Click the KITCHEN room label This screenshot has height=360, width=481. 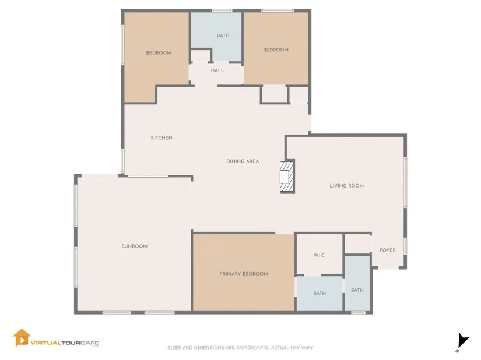pyautogui.click(x=161, y=138)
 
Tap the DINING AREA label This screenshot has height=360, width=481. pyautogui.click(x=243, y=161)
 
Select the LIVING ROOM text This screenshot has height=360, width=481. pyautogui.click(x=347, y=186)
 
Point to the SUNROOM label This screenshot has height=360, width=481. pyautogui.click(x=134, y=246)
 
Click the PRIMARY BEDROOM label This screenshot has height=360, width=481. pyautogui.click(x=244, y=274)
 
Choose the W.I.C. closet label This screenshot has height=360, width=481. pyautogui.click(x=320, y=255)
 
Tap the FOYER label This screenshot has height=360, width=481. pyautogui.click(x=388, y=250)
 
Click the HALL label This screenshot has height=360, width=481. pyautogui.click(x=217, y=70)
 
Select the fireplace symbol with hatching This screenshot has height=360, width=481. pyautogui.click(x=287, y=177)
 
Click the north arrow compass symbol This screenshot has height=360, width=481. pyautogui.click(x=462, y=341)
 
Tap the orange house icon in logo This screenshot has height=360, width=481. pyautogui.click(x=22, y=338)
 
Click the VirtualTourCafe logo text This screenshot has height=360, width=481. pyautogui.click(x=65, y=343)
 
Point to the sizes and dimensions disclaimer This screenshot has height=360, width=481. pyautogui.click(x=240, y=347)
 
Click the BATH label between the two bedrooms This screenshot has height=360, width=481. pyautogui.click(x=223, y=36)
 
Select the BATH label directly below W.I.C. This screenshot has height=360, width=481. pyautogui.click(x=320, y=294)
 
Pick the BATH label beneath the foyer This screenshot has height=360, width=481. pyautogui.click(x=357, y=290)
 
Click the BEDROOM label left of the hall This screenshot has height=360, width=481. pyautogui.click(x=159, y=53)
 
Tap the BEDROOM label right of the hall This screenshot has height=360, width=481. pyautogui.click(x=276, y=50)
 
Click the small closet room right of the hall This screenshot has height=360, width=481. pyautogui.click(x=274, y=94)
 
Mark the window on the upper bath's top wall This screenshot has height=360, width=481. pyautogui.click(x=222, y=10)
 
